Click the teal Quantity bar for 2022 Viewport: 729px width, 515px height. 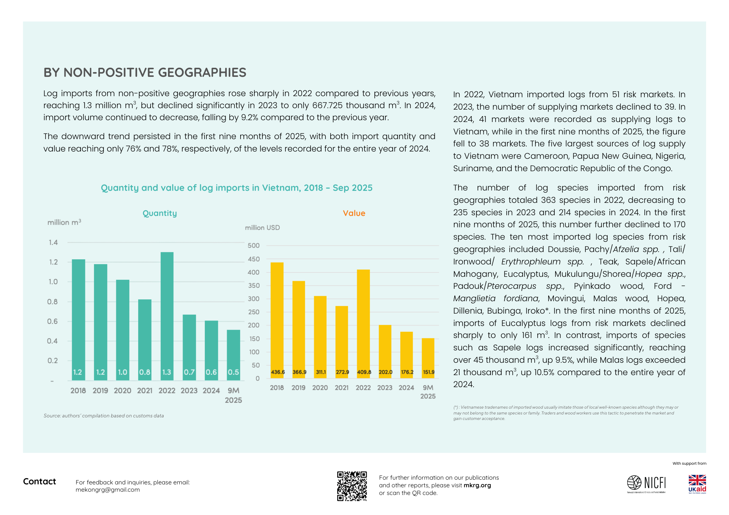point(167,316)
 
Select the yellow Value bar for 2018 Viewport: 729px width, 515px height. point(277,320)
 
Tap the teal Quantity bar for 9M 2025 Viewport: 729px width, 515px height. point(233,355)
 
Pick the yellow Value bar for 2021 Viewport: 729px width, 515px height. point(342,342)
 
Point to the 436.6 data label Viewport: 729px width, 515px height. point(278,372)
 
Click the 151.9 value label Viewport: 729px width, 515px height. point(429,372)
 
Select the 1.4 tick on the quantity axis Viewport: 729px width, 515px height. point(53,243)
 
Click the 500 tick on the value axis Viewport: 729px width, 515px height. point(254,245)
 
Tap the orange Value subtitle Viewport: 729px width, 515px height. point(354,213)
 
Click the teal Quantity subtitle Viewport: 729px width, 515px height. point(160,213)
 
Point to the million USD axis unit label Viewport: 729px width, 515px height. point(262,228)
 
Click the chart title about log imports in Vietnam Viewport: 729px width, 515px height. point(237,188)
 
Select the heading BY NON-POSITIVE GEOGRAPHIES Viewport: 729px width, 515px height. point(145,72)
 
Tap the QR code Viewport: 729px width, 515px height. point(352,486)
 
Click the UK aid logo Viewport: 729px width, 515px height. point(697,484)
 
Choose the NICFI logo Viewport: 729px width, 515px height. point(646,484)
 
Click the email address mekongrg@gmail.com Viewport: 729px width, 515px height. point(108,490)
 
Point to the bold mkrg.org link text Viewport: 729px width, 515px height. point(477,485)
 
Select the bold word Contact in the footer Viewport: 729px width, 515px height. point(39,481)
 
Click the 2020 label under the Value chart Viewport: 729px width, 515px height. point(320,388)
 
